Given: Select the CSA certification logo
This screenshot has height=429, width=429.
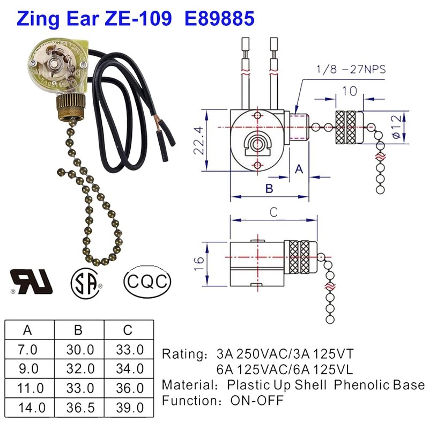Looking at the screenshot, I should pos(86,280).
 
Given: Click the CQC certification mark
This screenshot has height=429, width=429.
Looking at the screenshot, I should pos(147,280).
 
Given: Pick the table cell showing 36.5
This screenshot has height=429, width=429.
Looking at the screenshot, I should pos(80,407).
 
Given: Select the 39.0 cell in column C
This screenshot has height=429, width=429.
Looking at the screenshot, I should pos(130,407).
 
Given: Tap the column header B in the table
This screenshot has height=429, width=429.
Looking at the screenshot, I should pos(80,330).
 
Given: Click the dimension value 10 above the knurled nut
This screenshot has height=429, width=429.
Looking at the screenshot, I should pos(349,91).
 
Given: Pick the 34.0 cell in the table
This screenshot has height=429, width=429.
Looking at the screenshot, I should pos(130,369).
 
